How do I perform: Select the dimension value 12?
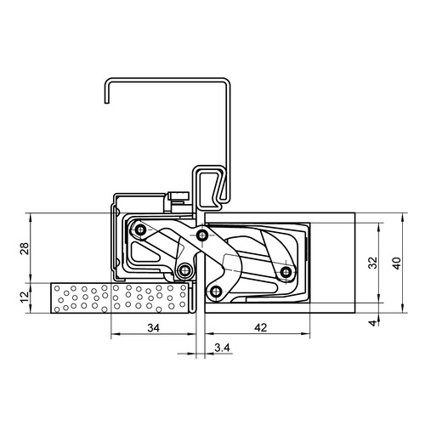pyautogui.click(x=22, y=299)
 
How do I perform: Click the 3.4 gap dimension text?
pyautogui.click(x=221, y=348)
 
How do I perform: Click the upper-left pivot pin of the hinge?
pyautogui.click(x=139, y=229)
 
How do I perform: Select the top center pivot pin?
pyautogui.click(x=201, y=235)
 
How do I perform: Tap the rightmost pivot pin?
pyautogui.click(x=286, y=272)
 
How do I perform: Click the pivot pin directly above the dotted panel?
pyautogui.click(x=184, y=271)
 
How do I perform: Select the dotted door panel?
pyautogui.click(x=119, y=299)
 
